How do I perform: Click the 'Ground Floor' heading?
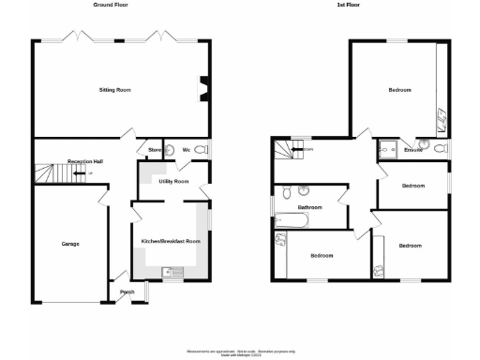point(111,6)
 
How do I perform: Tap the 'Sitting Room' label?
point(115,90)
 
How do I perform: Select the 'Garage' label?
point(70,245)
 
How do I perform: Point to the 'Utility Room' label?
point(174,181)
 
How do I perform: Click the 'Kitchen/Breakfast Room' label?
point(172,241)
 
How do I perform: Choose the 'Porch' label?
point(127,292)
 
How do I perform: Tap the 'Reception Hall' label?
point(84,161)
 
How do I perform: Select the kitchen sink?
point(172,273)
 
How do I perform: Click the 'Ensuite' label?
point(412,149)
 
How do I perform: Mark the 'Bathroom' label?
point(310,207)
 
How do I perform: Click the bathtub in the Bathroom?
point(292,220)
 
